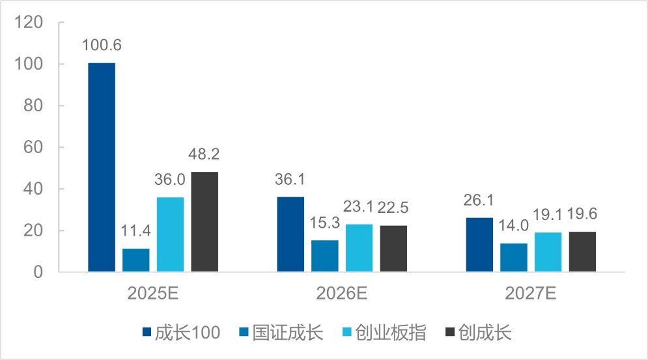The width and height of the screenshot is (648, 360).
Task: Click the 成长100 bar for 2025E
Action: tap(102, 167)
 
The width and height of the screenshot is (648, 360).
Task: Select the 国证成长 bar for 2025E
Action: tap(135, 260)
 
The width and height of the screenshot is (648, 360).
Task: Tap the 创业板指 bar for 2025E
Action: tap(170, 234)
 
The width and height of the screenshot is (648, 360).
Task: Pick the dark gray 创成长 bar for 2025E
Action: tap(204, 222)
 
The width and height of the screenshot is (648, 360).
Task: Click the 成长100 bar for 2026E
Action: tap(290, 234)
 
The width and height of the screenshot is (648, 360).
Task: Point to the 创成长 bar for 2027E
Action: tap(582, 252)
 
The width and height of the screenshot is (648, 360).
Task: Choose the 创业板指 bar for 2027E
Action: tap(548, 253)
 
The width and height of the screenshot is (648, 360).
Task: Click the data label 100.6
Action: tap(102, 46)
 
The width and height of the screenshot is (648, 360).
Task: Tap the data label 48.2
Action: tap(204, 155)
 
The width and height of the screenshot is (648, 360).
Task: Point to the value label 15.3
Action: tap(324, 223)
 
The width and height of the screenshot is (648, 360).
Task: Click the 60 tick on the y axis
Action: tap(33, 148)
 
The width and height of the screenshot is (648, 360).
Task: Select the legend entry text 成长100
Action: tap(188, 333)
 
